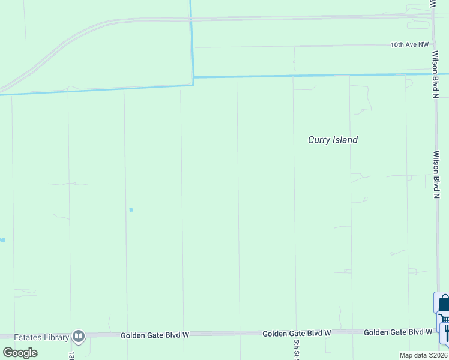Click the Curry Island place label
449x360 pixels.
click(333, 140)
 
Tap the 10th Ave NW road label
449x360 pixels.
click(410, 44)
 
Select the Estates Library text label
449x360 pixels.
click(41, 337)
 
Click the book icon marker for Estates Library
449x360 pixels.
click(79, 336)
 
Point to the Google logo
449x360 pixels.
click(20, 352)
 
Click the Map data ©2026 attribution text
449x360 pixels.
click(423, 355)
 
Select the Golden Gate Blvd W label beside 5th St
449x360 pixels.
click(297, 333)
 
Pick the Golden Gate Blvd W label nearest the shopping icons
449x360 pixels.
click(398, 332)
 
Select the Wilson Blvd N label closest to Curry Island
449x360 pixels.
click(436, 174)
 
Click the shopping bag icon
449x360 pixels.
click(443, 302)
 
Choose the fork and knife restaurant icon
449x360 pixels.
click(445, 334)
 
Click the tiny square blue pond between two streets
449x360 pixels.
click(131, 209)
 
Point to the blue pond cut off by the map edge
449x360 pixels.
click(2, 240)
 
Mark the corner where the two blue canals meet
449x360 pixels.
click(193, 77)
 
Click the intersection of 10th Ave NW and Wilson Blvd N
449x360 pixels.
click(433, 44)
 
